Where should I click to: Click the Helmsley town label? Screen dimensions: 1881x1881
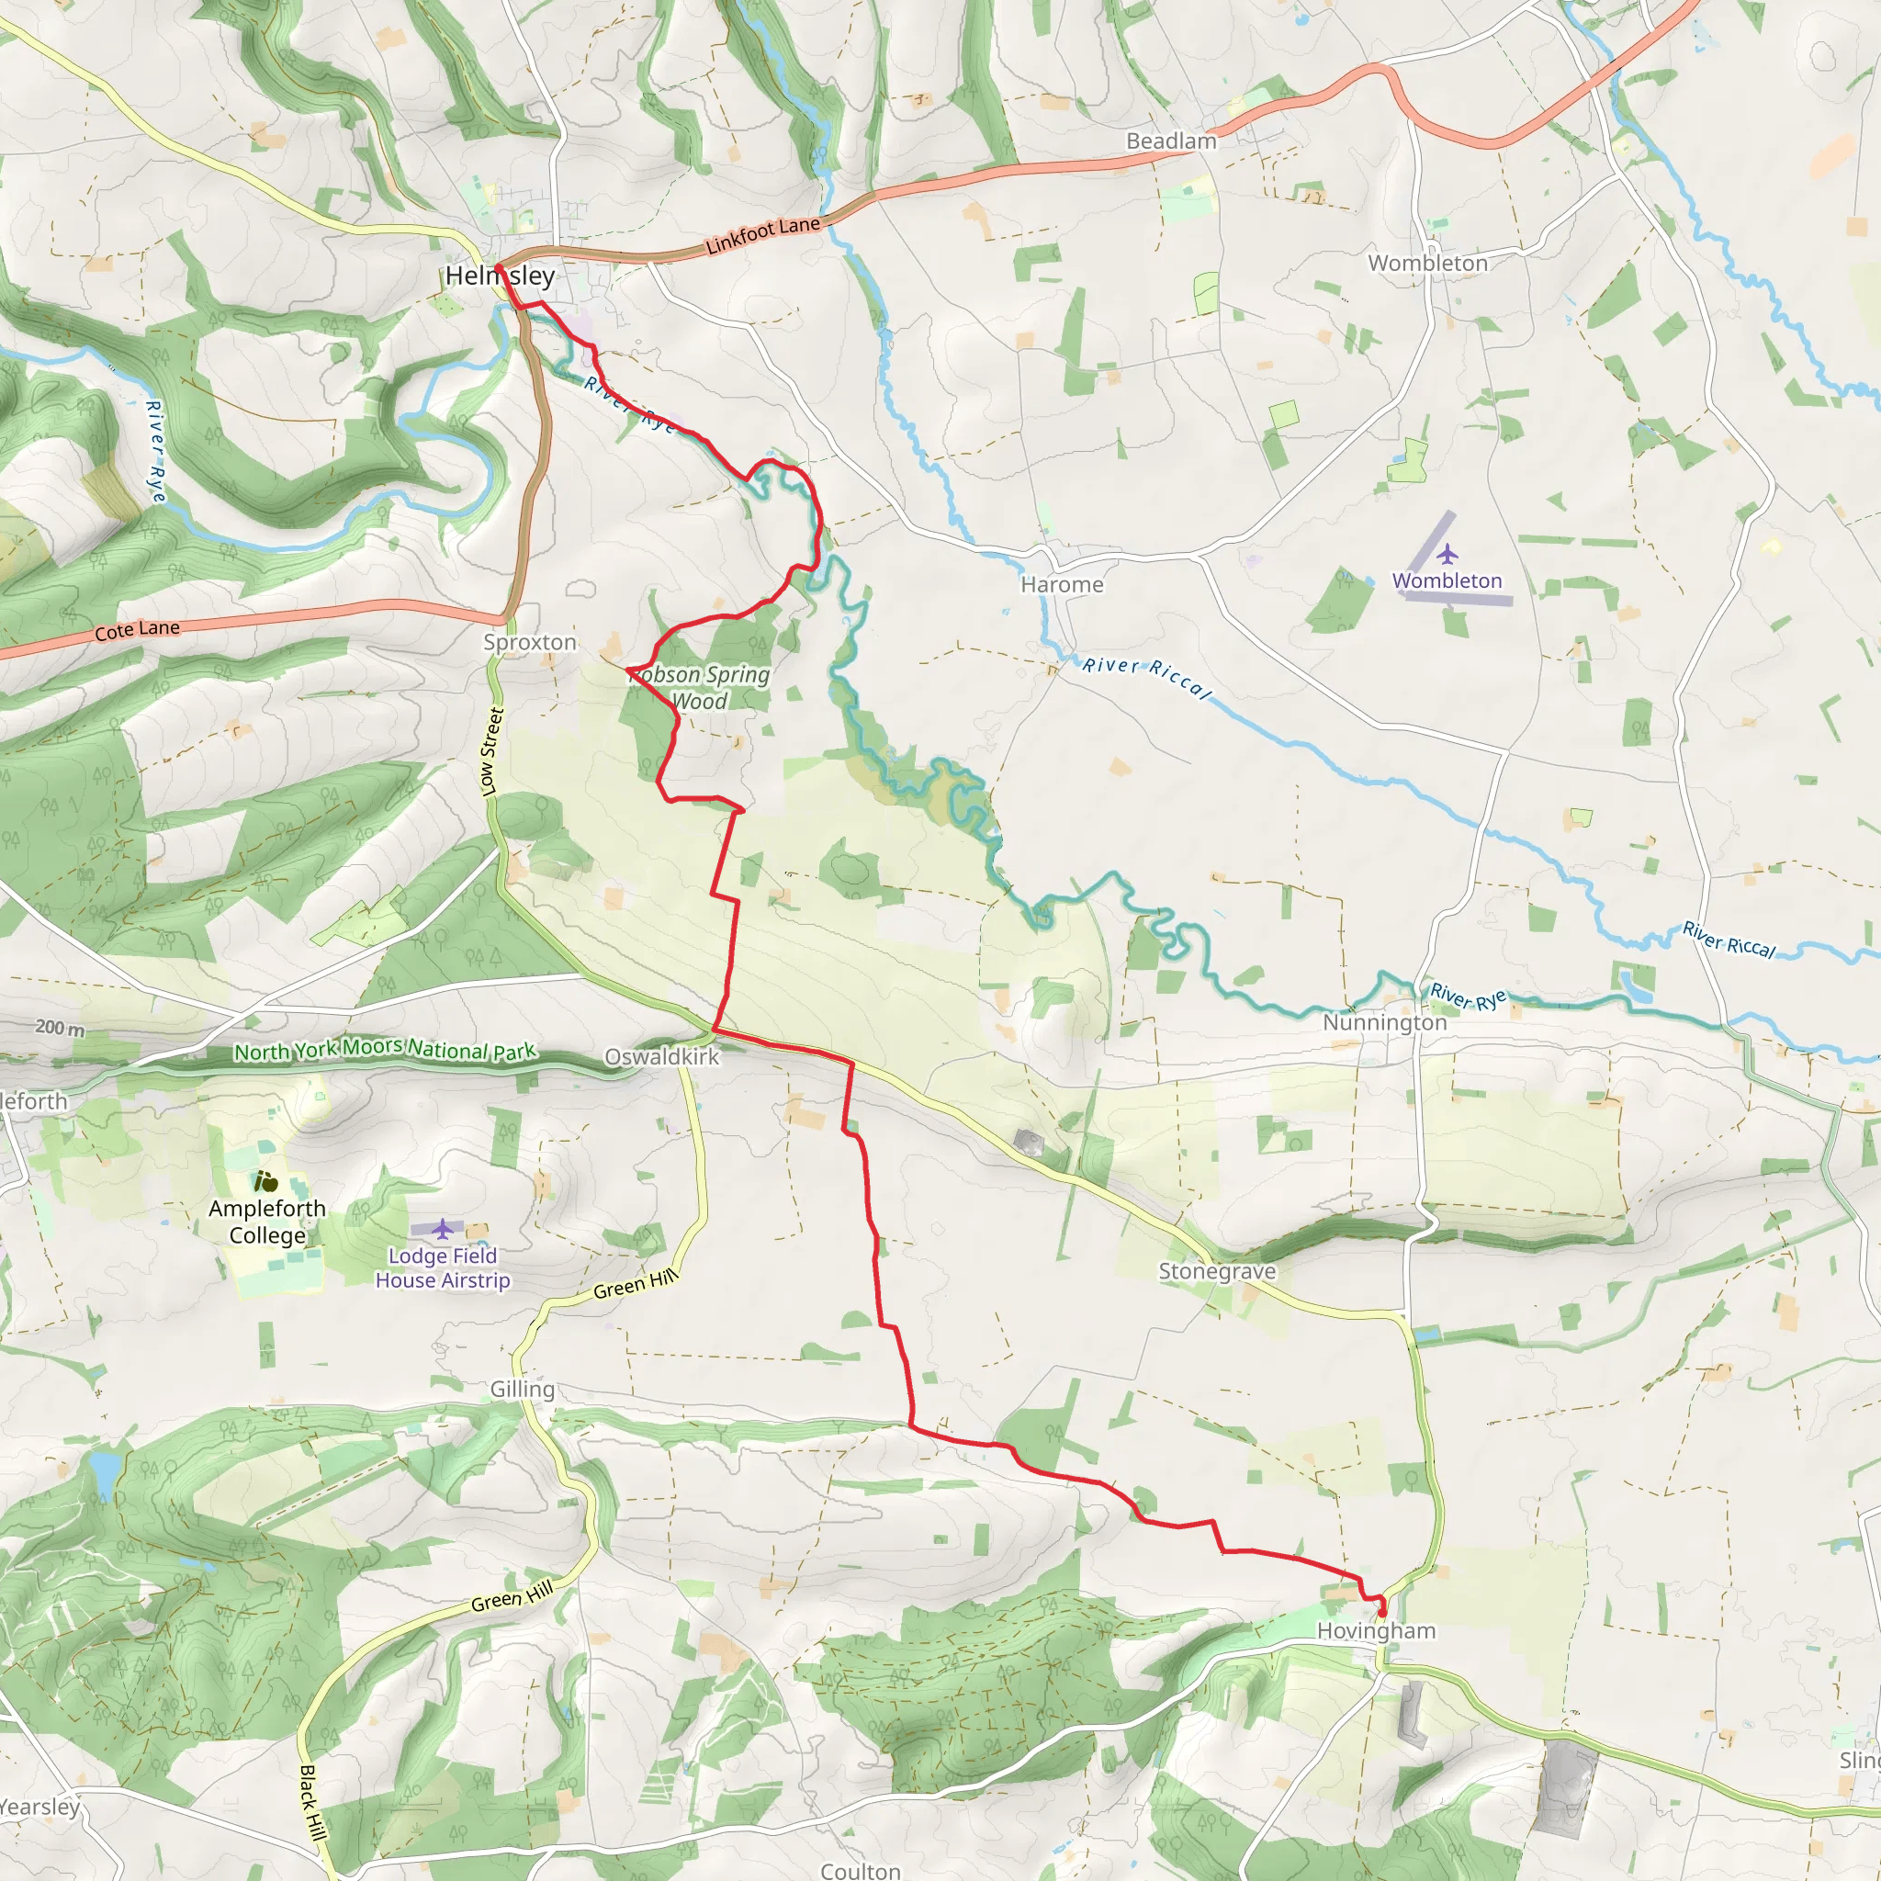(500, 276)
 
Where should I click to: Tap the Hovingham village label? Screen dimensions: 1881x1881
(1376, 1630)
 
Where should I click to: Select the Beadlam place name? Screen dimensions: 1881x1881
(1171, 141)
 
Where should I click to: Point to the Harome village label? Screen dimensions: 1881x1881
(1063, 584)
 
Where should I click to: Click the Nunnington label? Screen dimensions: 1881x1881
(1384, 1022)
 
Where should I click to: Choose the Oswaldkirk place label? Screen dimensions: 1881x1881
(662, 1056)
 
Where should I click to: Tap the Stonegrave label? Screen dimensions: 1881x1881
(1217, 1270)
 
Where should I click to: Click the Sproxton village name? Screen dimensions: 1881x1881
(530, 643)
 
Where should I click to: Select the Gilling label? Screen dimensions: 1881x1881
(522, 1390)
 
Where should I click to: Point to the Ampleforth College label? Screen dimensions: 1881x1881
(268, 1222)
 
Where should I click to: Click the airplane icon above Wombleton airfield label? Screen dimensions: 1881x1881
(1447, 555)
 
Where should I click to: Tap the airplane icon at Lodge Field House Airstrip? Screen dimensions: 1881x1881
(443, 1229)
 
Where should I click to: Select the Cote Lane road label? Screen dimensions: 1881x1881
(137, 630)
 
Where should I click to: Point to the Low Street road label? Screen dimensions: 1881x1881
(492, 750)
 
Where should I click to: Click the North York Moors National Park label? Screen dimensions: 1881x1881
(385, 1051)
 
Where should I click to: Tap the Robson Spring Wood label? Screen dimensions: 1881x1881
(700, 687)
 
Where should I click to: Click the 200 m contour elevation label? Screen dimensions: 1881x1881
(60, 1027)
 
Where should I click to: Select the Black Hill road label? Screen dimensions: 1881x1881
(311, 1801)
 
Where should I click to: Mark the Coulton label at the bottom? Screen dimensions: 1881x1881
(861, 1870)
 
